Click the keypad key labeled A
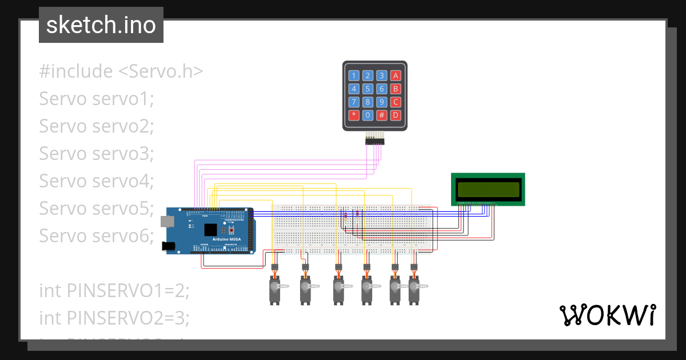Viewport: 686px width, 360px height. (395, 75)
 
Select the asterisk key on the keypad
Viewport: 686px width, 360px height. (354, 115)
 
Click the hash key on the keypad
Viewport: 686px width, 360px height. (382, 115)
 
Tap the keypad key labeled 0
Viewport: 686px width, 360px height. (368, 115)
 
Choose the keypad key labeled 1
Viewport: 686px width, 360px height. (354, 75)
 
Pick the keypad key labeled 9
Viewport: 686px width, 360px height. (382, 102)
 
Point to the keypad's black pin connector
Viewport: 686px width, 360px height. (375, 141)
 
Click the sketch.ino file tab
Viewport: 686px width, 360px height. (101, 25)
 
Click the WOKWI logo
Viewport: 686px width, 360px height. (607, 315)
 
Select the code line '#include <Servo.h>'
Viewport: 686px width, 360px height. (121, 71)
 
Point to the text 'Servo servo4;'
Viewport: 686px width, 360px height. (97, 181)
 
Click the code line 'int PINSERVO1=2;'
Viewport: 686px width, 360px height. (114, 290)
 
